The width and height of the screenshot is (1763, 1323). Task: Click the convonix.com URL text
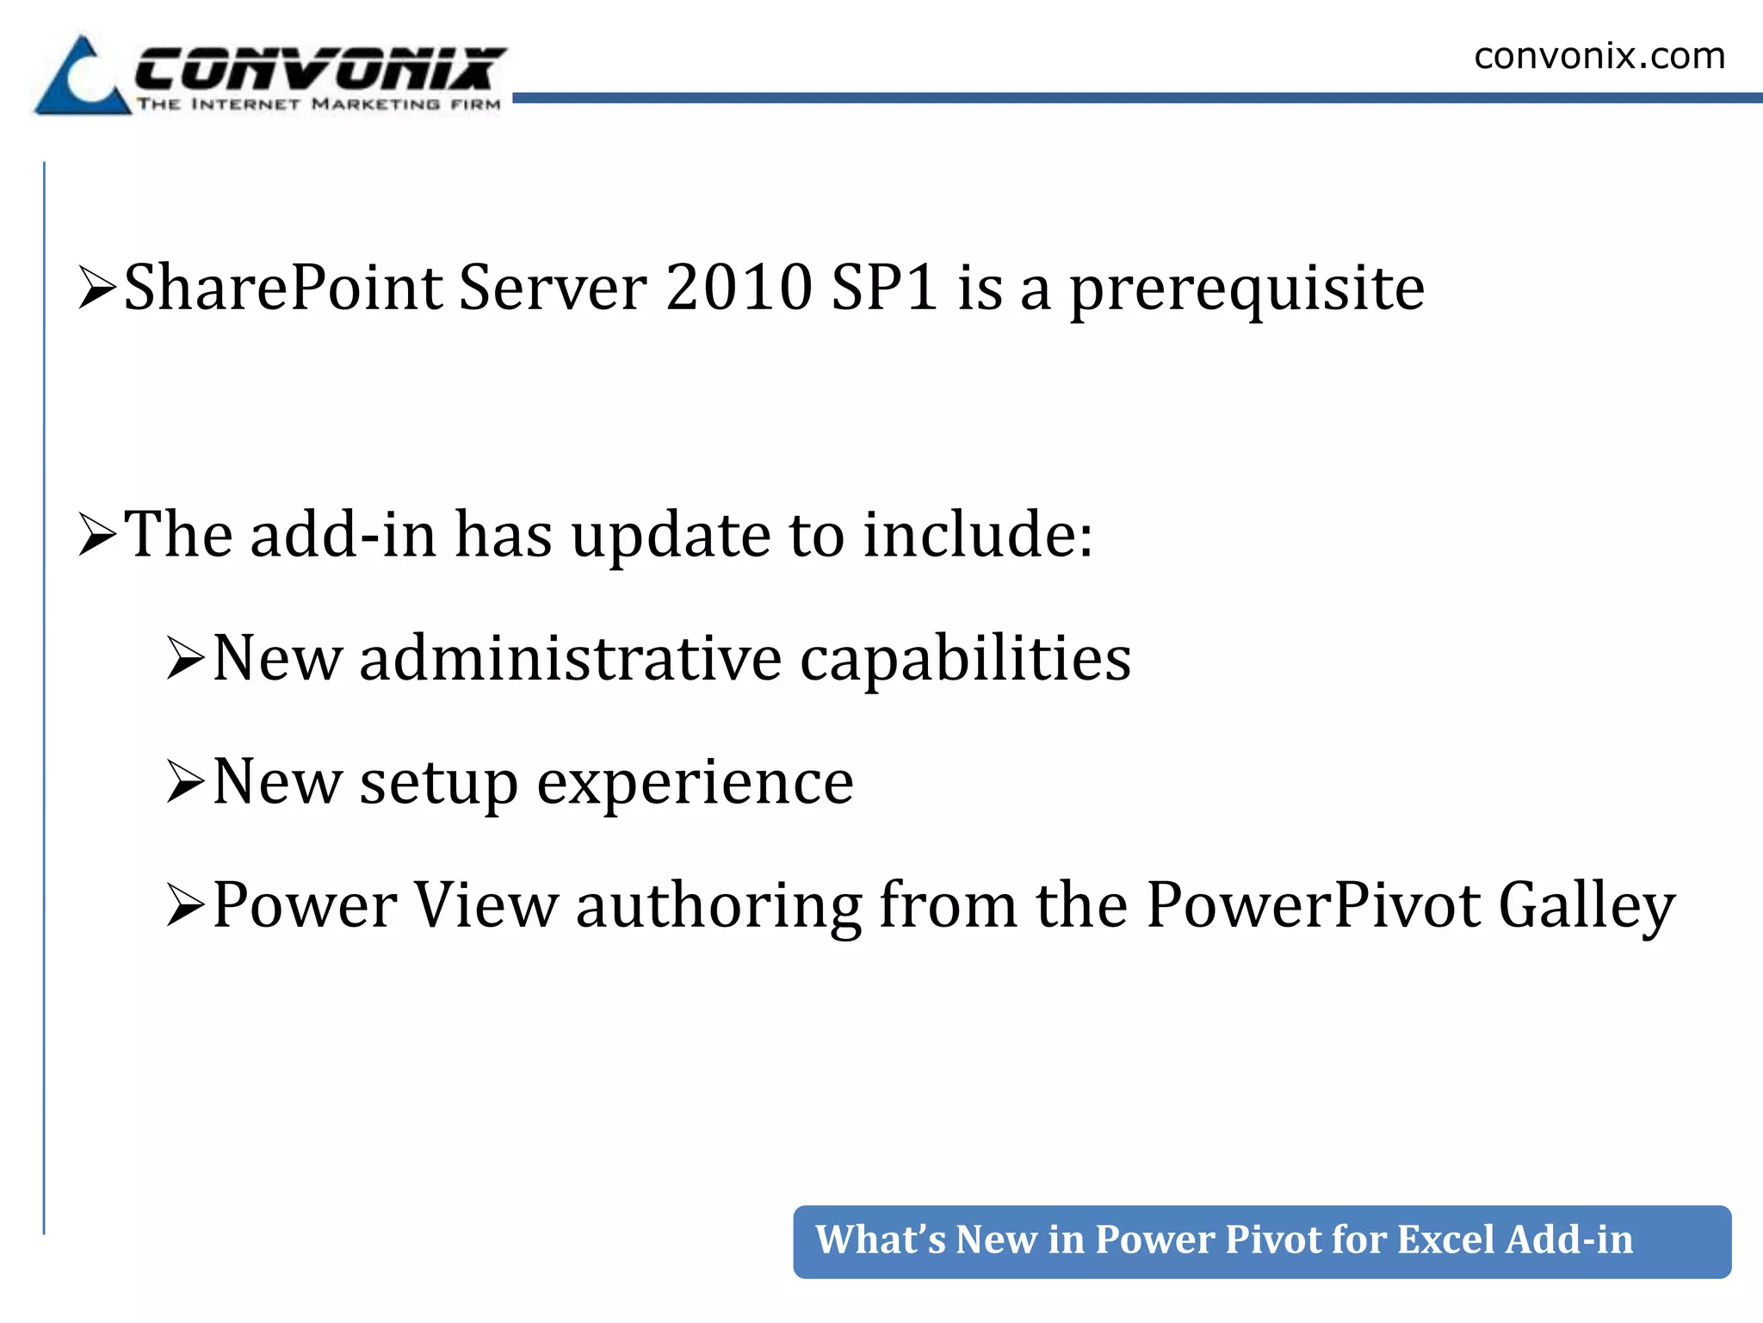point(1599,57)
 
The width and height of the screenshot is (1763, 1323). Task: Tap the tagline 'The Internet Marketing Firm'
point(319,105)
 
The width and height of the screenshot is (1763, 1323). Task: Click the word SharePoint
point(283,288)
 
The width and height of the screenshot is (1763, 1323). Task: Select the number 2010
point(739,288)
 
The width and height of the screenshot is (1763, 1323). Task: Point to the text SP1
point(885,288)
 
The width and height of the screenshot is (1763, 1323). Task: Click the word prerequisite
point(1246,291)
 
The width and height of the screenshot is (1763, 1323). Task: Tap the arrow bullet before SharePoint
point(96,288)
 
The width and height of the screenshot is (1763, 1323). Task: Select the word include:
point(978,535)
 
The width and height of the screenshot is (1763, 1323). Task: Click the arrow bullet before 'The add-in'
point(96,535)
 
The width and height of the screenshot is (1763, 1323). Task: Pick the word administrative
point(571,659)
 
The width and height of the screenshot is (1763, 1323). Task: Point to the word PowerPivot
point(1314,906)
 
